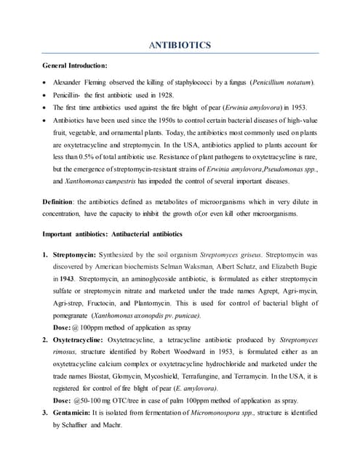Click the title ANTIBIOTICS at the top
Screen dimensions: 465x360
(180, 45)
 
